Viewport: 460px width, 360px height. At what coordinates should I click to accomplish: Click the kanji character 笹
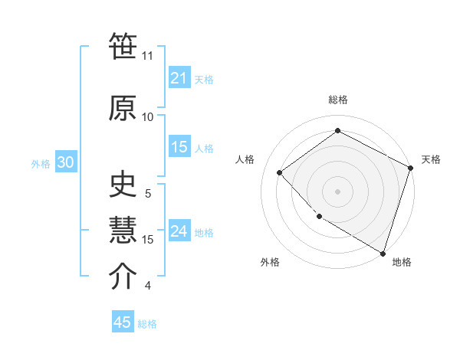[123, 48]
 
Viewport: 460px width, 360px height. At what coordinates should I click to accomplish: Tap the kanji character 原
[123, 108]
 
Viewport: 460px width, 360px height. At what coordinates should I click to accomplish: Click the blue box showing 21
[179, 78]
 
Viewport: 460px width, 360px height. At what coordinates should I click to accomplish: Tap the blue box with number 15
[179, 147]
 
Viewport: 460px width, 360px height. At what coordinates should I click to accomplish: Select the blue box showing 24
[179, 231]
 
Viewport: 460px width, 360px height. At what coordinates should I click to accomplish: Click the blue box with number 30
[65, 162]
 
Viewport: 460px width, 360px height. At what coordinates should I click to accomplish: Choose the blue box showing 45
[123, 322]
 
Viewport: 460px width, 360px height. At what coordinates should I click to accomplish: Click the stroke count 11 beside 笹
[147, 56]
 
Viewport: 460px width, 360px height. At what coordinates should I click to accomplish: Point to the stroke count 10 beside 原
[147, 116]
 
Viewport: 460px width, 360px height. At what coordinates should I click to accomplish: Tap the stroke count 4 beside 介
[147, 286]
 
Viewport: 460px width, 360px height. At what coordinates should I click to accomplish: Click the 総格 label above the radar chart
[338, 100]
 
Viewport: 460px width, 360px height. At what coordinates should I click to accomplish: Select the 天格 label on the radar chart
[431, 159]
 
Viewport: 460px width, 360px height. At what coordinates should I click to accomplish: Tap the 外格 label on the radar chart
[270, 262]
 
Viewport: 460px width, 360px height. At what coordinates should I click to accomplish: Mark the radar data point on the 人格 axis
[280, 172]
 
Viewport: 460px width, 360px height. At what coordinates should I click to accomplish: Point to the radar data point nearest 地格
[383, 252]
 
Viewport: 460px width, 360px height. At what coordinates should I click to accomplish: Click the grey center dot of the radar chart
[338, 191]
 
